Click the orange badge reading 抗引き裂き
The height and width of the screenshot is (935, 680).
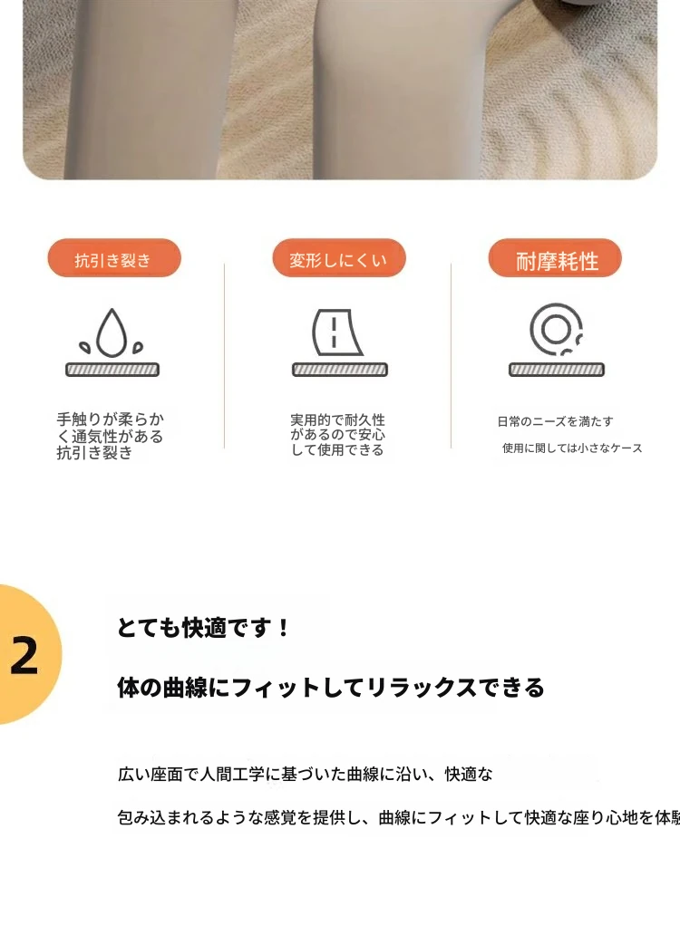(x=114, y=258)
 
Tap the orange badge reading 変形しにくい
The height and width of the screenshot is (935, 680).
(x=339, y=258)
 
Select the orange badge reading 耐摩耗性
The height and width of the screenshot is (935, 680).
(x=555, y=258)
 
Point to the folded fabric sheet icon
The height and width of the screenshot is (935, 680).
(x=337, y=333)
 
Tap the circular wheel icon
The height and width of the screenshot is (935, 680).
(x=556, y=329)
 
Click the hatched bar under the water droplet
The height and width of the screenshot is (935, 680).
(x=112, y=370)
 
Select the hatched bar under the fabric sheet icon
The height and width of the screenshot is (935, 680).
(x=340, y=370)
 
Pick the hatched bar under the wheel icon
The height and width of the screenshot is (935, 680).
(x=557, y=370)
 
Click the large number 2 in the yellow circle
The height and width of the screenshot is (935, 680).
(x=24, y=656)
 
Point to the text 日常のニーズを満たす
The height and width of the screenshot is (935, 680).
(x=555, y=421)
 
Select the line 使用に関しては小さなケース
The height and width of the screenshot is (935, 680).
(x=572, y=448)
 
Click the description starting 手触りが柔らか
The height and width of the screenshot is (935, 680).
(x=110, y=436)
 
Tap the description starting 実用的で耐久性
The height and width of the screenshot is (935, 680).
(x=337, y=435)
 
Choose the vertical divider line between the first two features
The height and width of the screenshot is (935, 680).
(x=224, y=355)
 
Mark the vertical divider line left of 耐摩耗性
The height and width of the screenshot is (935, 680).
(x=451, y=355)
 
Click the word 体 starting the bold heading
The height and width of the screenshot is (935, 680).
(x=128, y=688)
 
